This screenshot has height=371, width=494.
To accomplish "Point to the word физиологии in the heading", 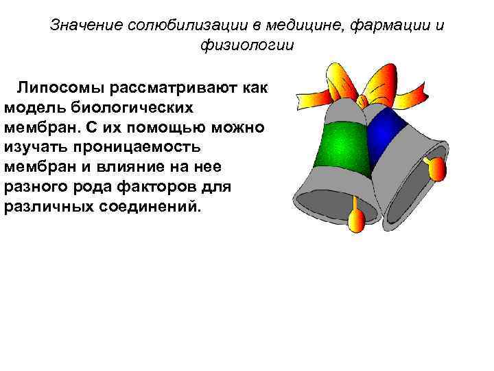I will (246, 46).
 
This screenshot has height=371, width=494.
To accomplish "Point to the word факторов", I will (165, 187).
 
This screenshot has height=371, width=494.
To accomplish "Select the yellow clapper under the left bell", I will (356, 219).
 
